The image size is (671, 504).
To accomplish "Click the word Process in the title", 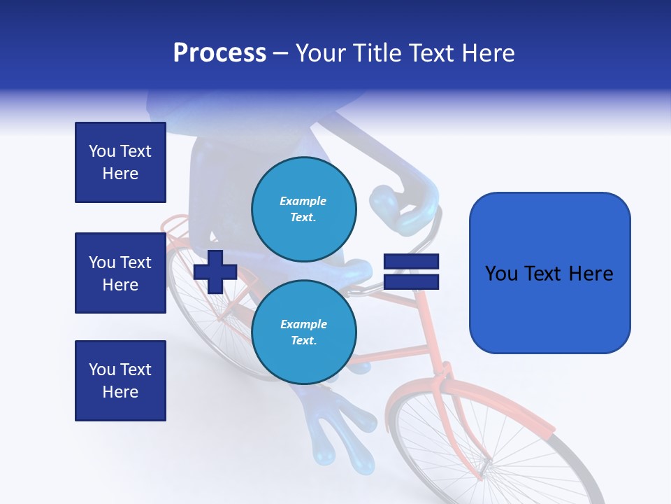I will click(x=219, y=53).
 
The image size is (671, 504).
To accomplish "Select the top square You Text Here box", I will click(x=120, y=162).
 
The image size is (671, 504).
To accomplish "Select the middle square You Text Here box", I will click(x=120, y=273).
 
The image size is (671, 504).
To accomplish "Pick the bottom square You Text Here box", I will click(x=120, y=381).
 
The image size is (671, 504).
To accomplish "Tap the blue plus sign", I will click(x=215, y=271).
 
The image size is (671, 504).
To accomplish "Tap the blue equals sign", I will click(x=411, y=272).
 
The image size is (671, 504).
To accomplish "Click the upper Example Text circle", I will click(x=303, y=209).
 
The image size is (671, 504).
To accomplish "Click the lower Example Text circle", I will click(x=303, y=332).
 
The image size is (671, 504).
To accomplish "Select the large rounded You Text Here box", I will click(x=549, y=273).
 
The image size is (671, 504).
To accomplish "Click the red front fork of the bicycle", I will click(x=461, y=434).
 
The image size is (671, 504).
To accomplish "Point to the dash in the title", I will click(x=281, y=54).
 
